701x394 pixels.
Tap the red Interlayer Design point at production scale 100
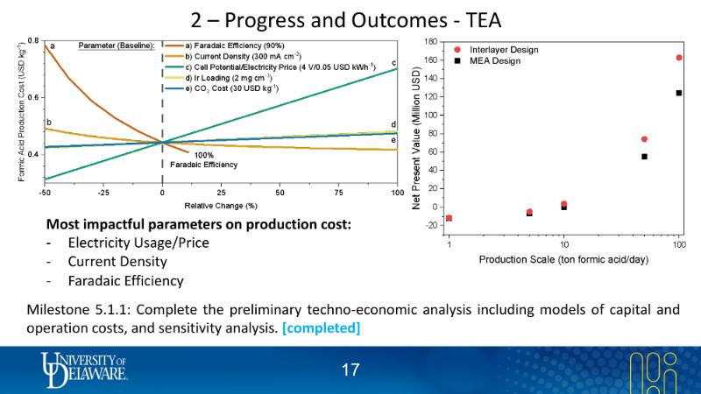[x=679, y=58]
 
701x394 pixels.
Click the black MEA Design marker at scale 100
[x=679, y=93]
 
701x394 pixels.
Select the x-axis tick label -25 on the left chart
[x=103, y=191]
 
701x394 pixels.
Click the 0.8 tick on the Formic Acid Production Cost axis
[x=32, y=41]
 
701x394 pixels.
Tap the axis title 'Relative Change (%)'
[x=220, y=204]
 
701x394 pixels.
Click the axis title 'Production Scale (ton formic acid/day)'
[x=563, y=259]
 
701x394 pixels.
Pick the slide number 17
[x=350, y=370]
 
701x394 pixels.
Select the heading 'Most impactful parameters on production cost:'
[x=198, y=224]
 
